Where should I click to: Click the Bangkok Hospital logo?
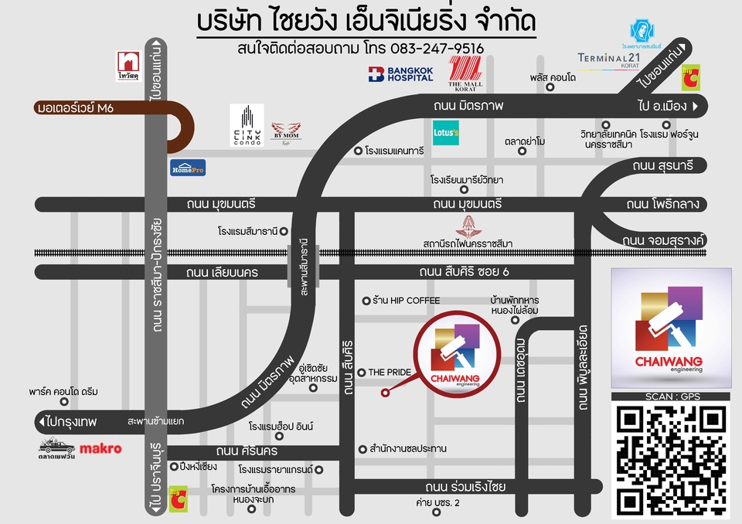pos(400,74)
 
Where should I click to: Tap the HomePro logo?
pos(189,167)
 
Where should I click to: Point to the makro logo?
pos(101,448)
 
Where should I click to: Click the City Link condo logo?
pos(247,125)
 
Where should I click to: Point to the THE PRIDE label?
pos(389,372)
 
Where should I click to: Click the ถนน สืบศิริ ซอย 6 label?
pos(465,271)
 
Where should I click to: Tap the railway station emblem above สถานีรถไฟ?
pos(468,226)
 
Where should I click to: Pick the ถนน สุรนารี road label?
pos(662,165)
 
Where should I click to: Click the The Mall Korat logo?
pos(465,74)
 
